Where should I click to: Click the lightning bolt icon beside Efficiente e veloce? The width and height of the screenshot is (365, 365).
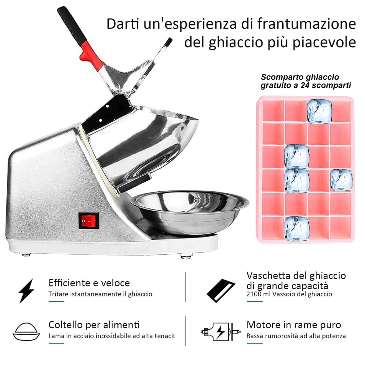(x=26, y=291)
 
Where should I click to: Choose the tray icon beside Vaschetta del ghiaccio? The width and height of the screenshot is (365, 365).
(x=221, y=291)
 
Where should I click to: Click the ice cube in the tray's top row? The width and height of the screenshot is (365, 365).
(x=320, y=112)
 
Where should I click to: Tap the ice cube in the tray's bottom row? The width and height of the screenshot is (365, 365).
(x=297, y=229)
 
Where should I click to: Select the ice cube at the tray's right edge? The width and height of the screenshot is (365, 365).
(x=341, y=180)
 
